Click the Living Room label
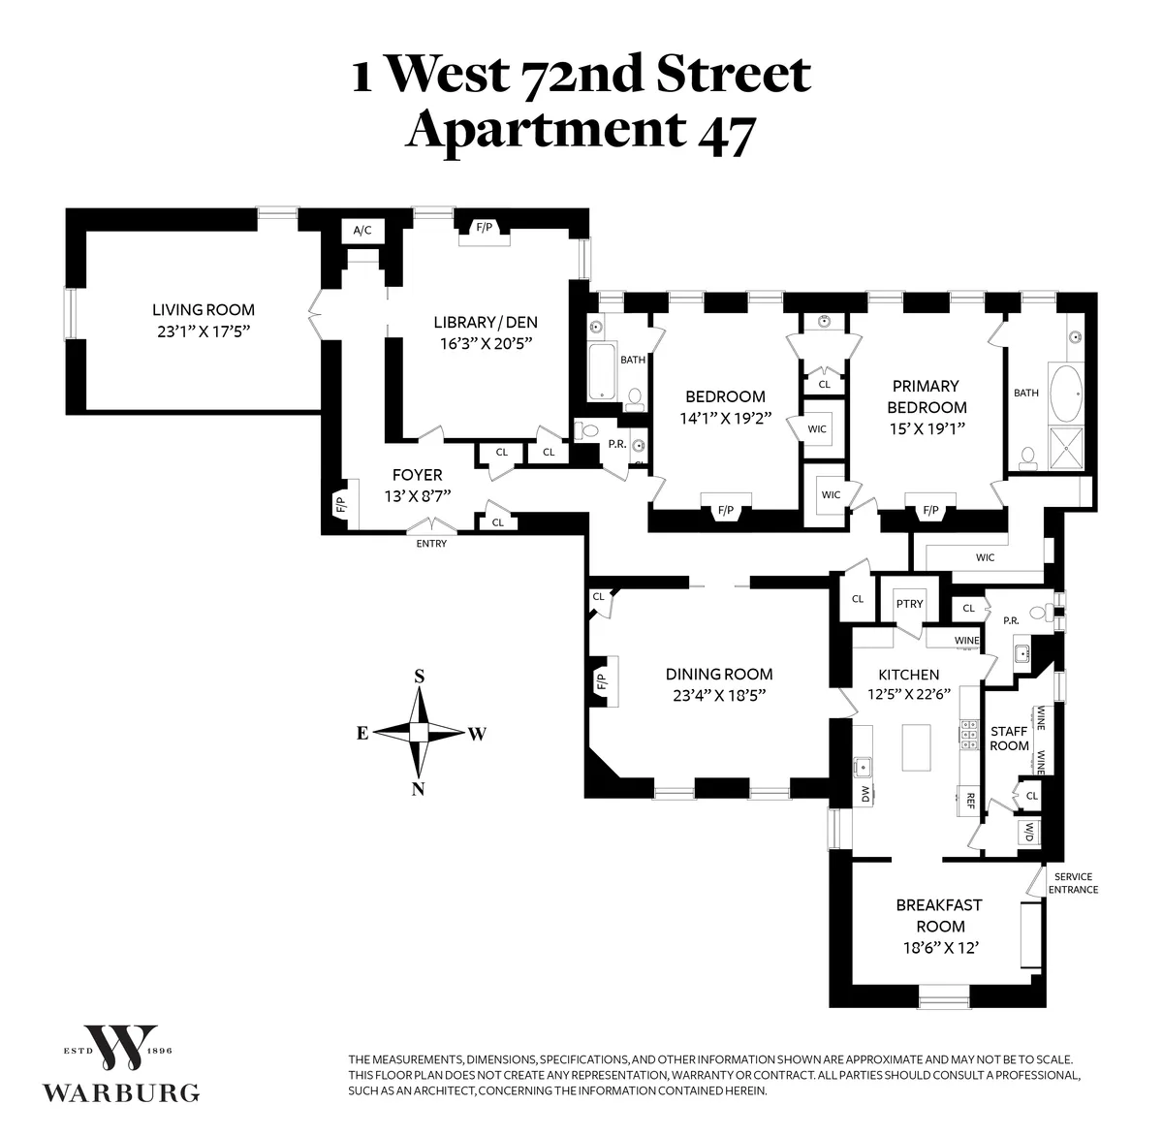pyautogui.click(x=204, y=310)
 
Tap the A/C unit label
pyautogui.click(x=362, y=231)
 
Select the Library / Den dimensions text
pyautogui.click(x=485, y=343)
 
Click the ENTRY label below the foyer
pyautogui.click(x=431, y=544)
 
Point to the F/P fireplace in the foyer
pyautogui.click(x=340, y=504)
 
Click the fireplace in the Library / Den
pyautogui.click(x=483, y=228)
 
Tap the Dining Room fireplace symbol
pyautogui.click(x=599, y=682)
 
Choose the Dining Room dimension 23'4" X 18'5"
pyautogui.click(x=718, y=695)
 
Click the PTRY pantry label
pyautogui.click(x=909, y=604)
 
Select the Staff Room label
pyautogui.click(x=1009, y=739)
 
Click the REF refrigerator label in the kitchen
pyautogui.click(x=969, y=801)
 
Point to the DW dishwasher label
pyautogui.click(x=864, y=794)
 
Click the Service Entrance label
pyautogui.click(x=1073, y=883)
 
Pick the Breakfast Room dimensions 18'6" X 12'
pyautogui.click(x=938, y=948)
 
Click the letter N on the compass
pyautogui.click(x=419, y=788)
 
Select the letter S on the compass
pyautogui.click(x=420, y=677)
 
